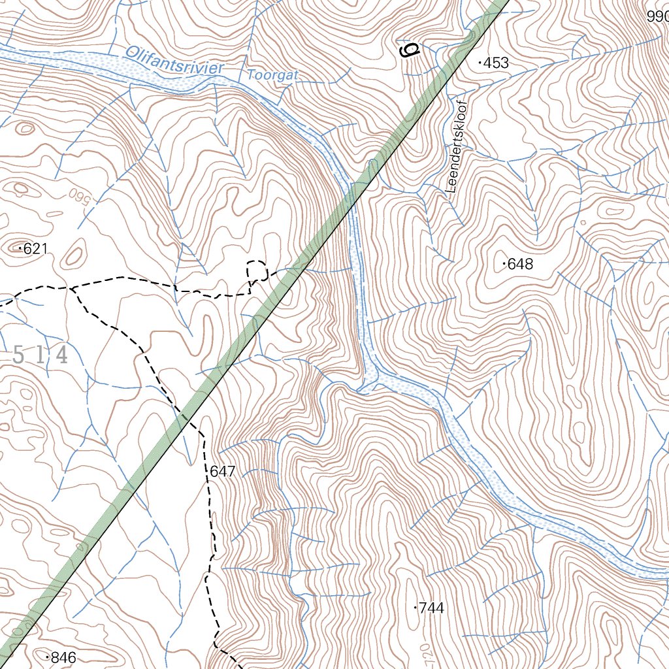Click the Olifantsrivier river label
(174, 59)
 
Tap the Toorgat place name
(272, 75)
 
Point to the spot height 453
(495, 63)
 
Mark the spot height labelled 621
(35, 248)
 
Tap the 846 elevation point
(61, 658)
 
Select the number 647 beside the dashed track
(222, 470)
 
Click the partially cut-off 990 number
(657, 18)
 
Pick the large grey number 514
(40, 356)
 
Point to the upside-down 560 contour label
(78, 195)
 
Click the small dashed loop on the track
(257, 270)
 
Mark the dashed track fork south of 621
(73, 287)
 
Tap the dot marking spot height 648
(504, 265)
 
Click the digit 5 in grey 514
(19, 356)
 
